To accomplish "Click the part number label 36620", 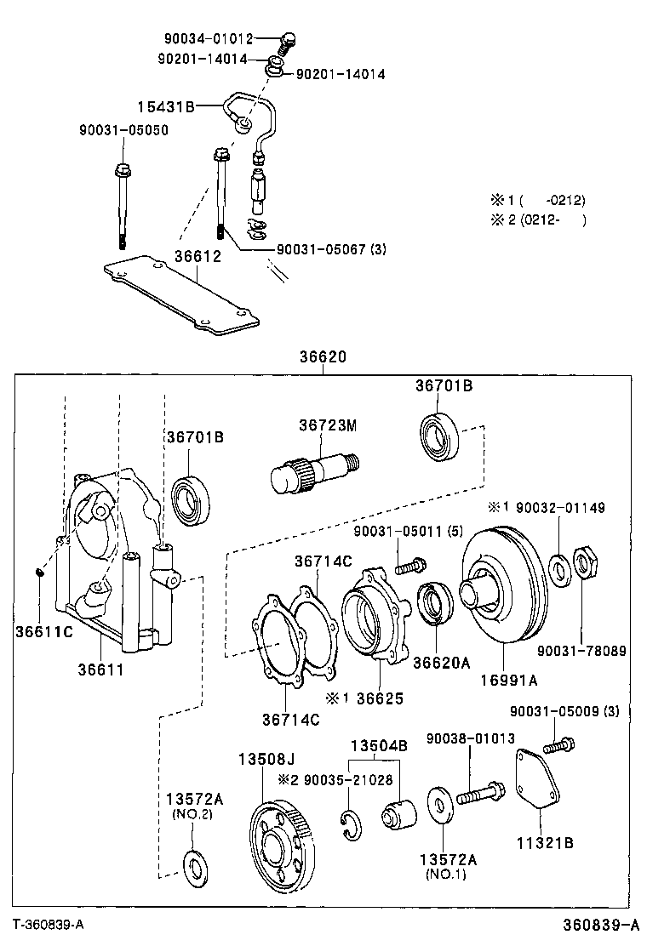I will (x=323, y=358).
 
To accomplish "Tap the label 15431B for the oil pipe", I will (x=167, y=106).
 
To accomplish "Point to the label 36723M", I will (x=327, y=425).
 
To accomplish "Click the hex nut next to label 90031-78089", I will (x=586, y=562).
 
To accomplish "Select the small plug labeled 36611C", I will (x=40, y=573).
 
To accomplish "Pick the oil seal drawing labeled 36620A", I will (x=436, y=603).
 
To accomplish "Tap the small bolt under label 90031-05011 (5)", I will (x=411, y=564).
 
